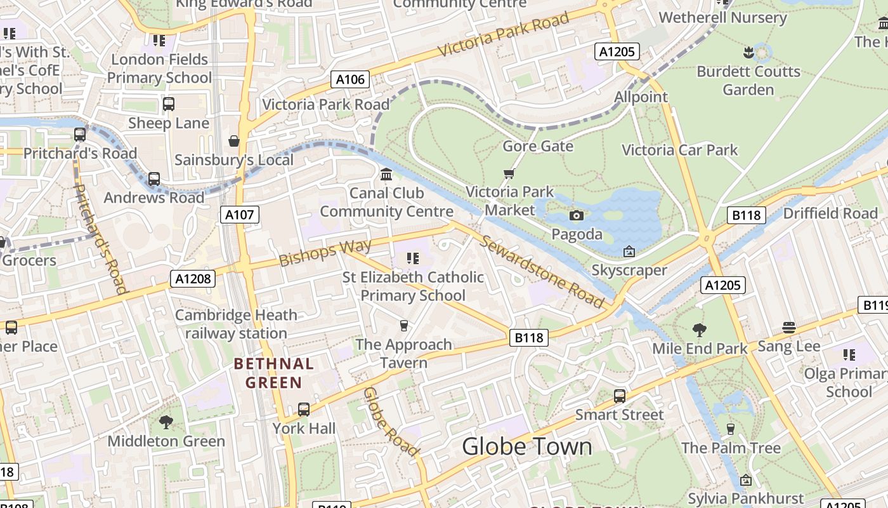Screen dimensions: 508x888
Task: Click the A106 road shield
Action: (x=350, y=79)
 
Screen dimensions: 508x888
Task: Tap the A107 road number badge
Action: (x=240, y=215)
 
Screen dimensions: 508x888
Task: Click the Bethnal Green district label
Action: (x=274, y=373)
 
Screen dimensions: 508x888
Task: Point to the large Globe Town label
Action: (x=526, y=446)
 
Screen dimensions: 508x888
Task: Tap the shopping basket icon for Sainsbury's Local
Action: (x=234, y=140)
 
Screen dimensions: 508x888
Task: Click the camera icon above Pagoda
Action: (x=576, y=216)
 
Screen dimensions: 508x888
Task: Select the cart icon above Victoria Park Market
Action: (x=509, y=173)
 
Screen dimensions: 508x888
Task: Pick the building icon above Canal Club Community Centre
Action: (x=386, y=174)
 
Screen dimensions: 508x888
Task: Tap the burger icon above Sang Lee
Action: (x=788, y=328)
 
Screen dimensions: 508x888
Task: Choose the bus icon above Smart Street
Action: (x=620, y=396)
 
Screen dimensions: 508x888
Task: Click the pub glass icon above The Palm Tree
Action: (x=730, y=429)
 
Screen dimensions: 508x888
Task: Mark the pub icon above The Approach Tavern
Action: (x=403, y=326)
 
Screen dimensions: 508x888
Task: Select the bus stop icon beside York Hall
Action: (x=304, y=410)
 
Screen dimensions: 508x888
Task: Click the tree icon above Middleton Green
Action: (x=166, y=422)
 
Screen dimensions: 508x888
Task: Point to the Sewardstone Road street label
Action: (x=542, y=271)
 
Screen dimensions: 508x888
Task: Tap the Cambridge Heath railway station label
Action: (x=236, y=324)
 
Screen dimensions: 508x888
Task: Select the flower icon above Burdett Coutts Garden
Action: (x=748, y=52)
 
